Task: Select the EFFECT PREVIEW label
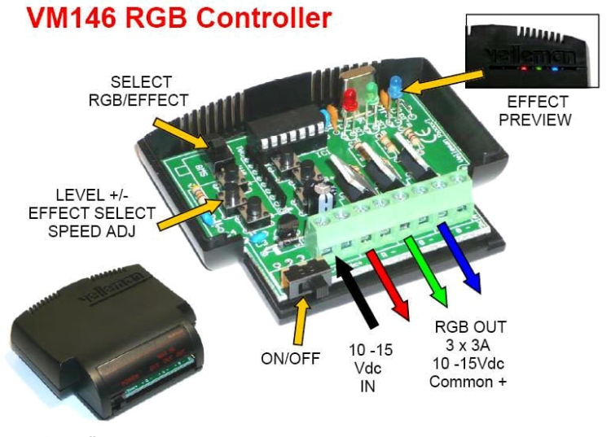click(x=538, y=111)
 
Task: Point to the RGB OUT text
click(x=470, y=327)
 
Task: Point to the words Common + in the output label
click(x=470, y=381)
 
